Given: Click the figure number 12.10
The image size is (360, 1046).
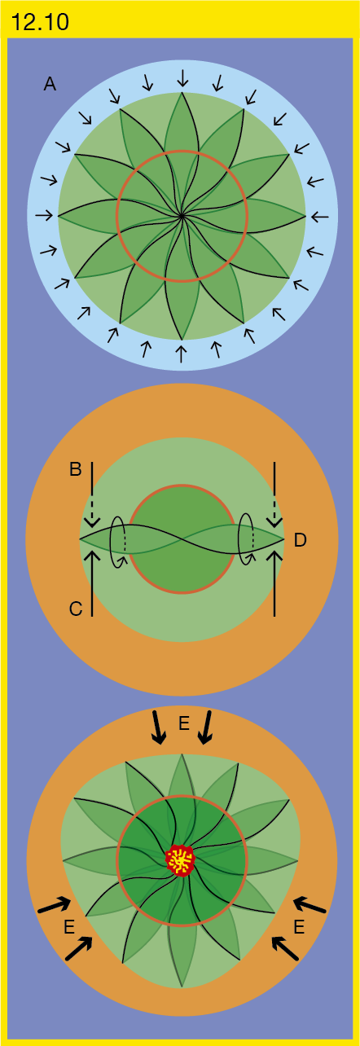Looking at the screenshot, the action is coord(40,22).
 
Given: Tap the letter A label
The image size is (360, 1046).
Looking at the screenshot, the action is coord(50,85).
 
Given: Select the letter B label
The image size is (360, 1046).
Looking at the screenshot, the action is coord(76,469).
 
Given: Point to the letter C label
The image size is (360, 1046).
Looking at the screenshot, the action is coord(76,609).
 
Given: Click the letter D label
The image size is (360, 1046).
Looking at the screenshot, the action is coord(301,540).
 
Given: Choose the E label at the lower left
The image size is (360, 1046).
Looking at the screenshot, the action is coord(69,927).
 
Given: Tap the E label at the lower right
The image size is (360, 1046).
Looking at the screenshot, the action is coord(299,927).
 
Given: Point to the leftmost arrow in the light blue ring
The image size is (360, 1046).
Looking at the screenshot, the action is coord(44,215).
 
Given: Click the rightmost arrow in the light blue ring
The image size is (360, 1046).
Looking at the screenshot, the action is coord(320,217).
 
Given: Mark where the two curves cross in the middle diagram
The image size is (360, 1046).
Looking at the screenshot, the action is coord(181,539).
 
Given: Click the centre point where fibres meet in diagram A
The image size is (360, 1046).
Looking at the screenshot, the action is coord(182,216).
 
